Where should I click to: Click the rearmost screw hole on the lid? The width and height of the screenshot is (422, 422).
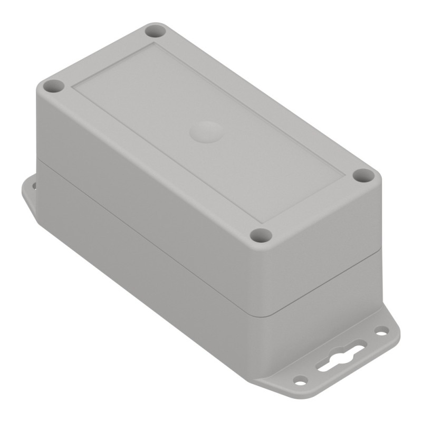point(156,31)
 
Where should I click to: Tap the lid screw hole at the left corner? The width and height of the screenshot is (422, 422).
point(53,86)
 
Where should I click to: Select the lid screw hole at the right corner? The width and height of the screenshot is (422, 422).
point(362,176)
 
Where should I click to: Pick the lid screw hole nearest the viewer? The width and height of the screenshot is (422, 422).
point(259,235)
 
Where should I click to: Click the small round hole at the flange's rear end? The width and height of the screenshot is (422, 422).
point(380,331)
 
